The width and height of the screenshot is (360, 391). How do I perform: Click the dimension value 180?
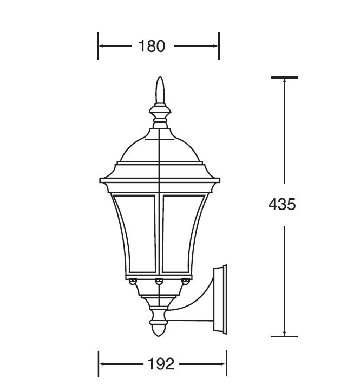[152, 46]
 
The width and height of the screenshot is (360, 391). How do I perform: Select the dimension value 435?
[282, 205]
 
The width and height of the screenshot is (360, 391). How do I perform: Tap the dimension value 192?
[161, 364]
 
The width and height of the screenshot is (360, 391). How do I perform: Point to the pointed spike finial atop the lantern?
[160, 90]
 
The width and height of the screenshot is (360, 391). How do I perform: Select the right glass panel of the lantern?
[183, 233]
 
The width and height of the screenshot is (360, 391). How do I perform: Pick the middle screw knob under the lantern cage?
[159, 282]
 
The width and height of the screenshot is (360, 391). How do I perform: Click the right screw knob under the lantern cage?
[186, 282]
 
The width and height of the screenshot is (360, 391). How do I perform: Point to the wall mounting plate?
[220, 299]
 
